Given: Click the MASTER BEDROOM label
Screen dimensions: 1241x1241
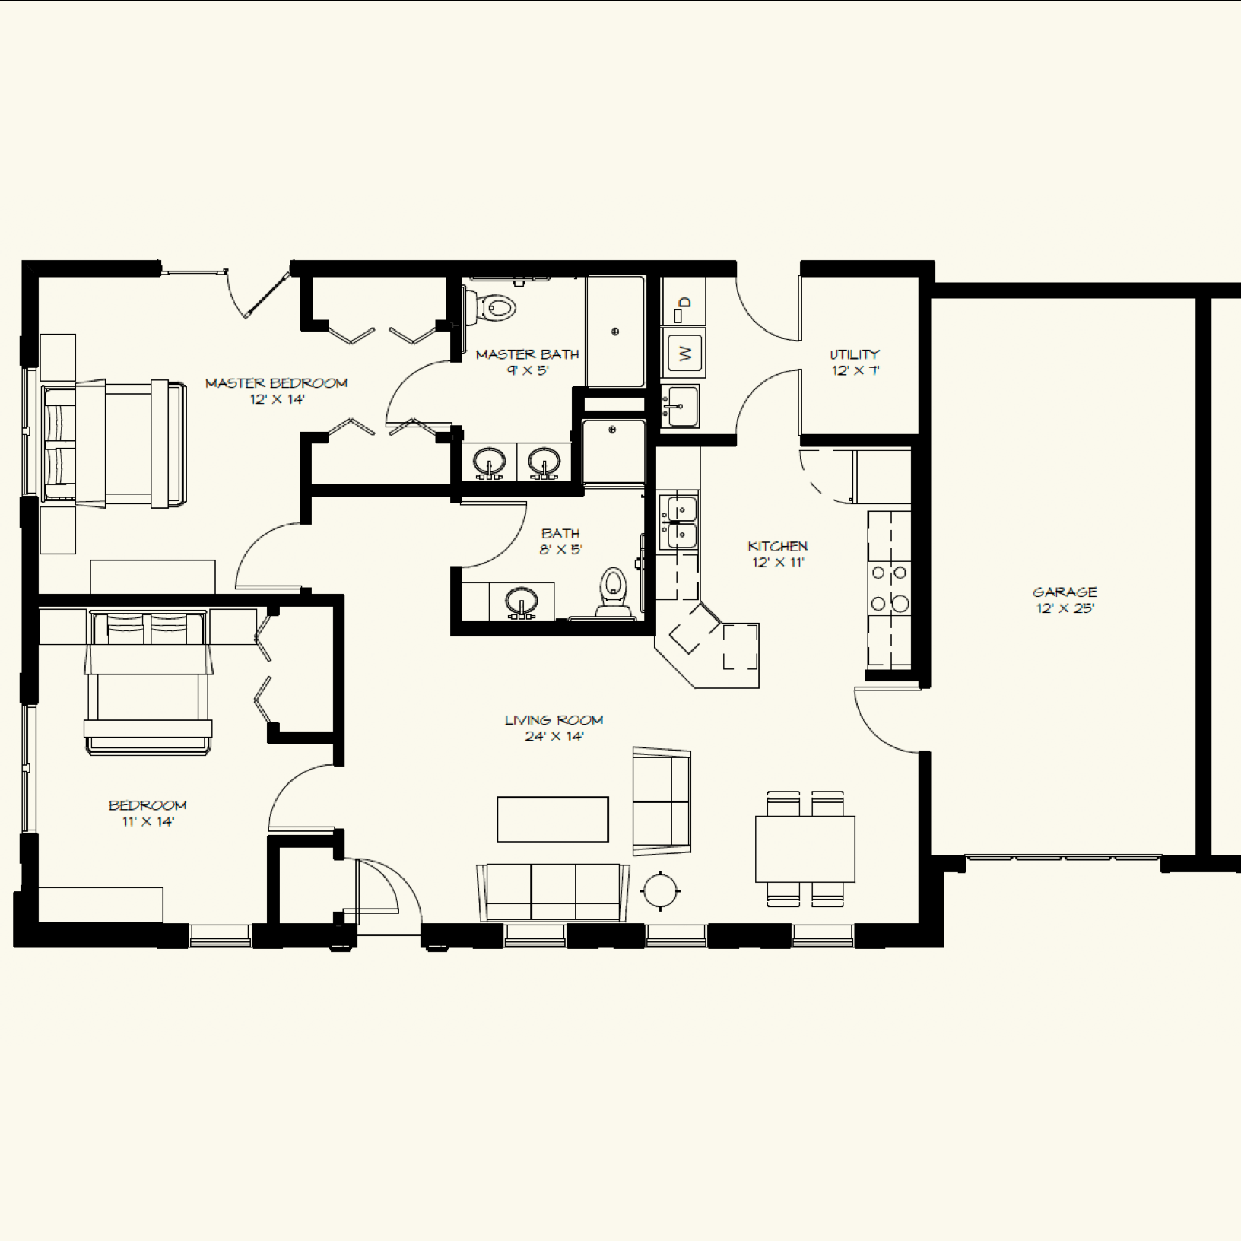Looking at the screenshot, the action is tap(276, 382).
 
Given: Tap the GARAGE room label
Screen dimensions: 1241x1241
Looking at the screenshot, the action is tap(1065, 592).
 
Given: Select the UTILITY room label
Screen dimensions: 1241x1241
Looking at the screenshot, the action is tap(855, 354).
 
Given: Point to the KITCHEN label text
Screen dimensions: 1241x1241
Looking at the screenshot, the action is tap(777, 546).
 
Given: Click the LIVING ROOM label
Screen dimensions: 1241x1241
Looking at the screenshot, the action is tap(554, 720).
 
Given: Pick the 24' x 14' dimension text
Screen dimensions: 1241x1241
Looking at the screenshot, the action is tap(554, 736).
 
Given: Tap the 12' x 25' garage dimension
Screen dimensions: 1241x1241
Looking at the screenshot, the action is tap(1065, 608).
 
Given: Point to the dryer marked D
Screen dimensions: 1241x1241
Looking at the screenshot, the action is tap(684, 303).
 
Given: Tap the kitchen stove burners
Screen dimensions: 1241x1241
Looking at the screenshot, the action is tap(890, 588).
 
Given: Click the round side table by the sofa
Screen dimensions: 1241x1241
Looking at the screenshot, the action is tap(661, 890).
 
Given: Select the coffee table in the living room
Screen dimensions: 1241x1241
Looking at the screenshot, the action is tap(553, 819).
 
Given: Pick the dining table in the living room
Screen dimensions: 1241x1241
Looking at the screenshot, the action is tap(805, 849).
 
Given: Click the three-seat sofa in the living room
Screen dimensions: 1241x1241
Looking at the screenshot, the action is tap(553, 893).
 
